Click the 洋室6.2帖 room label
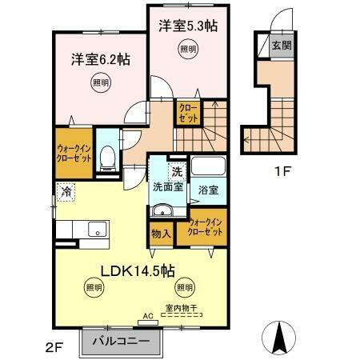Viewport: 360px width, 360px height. (x=101, y=58)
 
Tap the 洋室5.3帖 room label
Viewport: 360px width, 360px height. (x=188, y=25)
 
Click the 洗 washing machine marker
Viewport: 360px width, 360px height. (x=176, y=170)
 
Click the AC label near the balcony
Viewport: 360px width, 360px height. (x=146, y=315)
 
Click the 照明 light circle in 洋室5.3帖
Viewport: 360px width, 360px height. (x=186, y=49)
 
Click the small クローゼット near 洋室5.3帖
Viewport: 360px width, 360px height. (x=189, y=111)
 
